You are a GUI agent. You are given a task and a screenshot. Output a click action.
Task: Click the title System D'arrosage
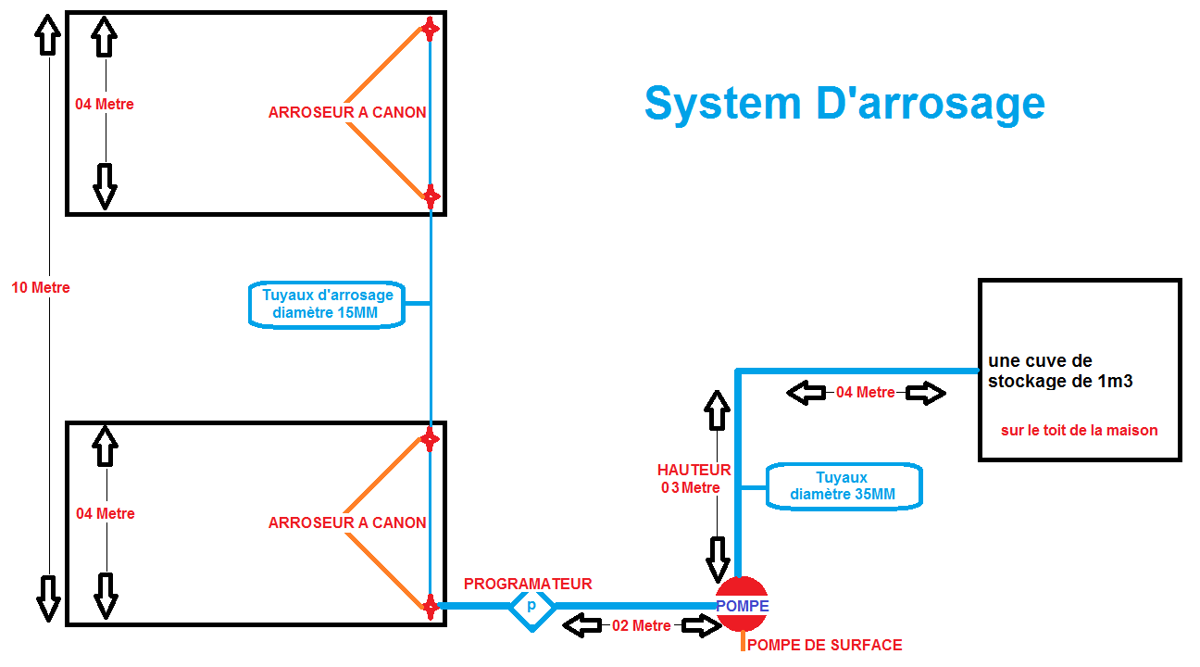click(x=844, y=103)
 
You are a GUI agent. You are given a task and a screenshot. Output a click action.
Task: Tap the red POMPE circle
click(x=742, y=604)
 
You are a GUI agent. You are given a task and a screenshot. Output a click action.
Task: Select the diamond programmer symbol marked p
click(x=531, y=606)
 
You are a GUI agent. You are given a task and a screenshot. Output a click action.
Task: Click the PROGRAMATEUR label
click(x=528, y=584)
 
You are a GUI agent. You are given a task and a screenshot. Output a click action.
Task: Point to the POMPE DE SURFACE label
click(x=824, y=645)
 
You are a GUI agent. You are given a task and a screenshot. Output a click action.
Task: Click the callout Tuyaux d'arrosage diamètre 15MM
click(x=328, y=304)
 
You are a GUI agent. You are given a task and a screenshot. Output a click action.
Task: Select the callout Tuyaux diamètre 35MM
click(x=843, y=486)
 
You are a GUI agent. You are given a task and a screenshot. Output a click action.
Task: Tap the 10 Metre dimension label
click(x=41, y=287)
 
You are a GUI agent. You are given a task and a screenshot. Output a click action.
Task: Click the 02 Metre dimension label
click(x=642, y=625)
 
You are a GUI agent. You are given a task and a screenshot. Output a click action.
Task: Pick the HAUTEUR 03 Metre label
click(x=694, y=479)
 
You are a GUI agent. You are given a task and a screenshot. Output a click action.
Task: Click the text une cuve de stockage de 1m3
click(x=1060, y=371)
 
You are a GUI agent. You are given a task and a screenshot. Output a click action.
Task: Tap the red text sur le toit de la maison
click(x=1079, y=430)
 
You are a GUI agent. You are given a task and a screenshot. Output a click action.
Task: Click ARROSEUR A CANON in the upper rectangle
click(x=347, y=112)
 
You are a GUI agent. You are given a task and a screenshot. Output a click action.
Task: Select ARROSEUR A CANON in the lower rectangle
click(x=347, y=522)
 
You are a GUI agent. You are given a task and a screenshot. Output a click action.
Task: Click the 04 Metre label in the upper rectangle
click(x=105, y=104)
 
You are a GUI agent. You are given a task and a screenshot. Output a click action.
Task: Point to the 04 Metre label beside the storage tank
click(x=866, y=392)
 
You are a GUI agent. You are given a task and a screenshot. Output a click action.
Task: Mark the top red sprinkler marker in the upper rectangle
click(x=430, y=29)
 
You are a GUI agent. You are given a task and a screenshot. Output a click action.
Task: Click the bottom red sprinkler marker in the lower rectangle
click(x=430, y=606)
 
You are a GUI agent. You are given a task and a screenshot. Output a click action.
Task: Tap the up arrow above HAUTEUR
click(x=718, y=409)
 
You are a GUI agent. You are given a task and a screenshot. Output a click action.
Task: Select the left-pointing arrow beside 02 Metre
click(x=581, y=626)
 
